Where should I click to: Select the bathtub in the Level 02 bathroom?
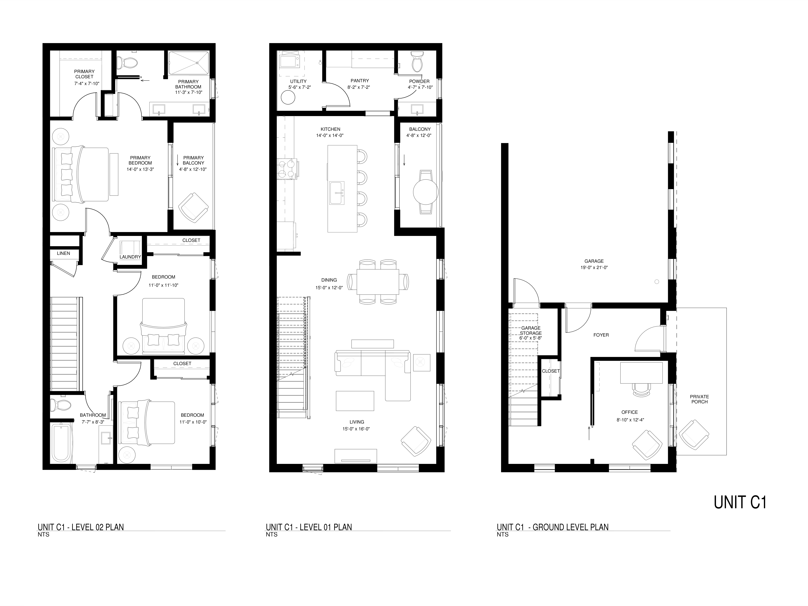(61, 442)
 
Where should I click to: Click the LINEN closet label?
(64, 253)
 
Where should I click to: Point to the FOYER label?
(601, 335)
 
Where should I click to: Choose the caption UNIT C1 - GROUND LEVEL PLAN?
(552, 527)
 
